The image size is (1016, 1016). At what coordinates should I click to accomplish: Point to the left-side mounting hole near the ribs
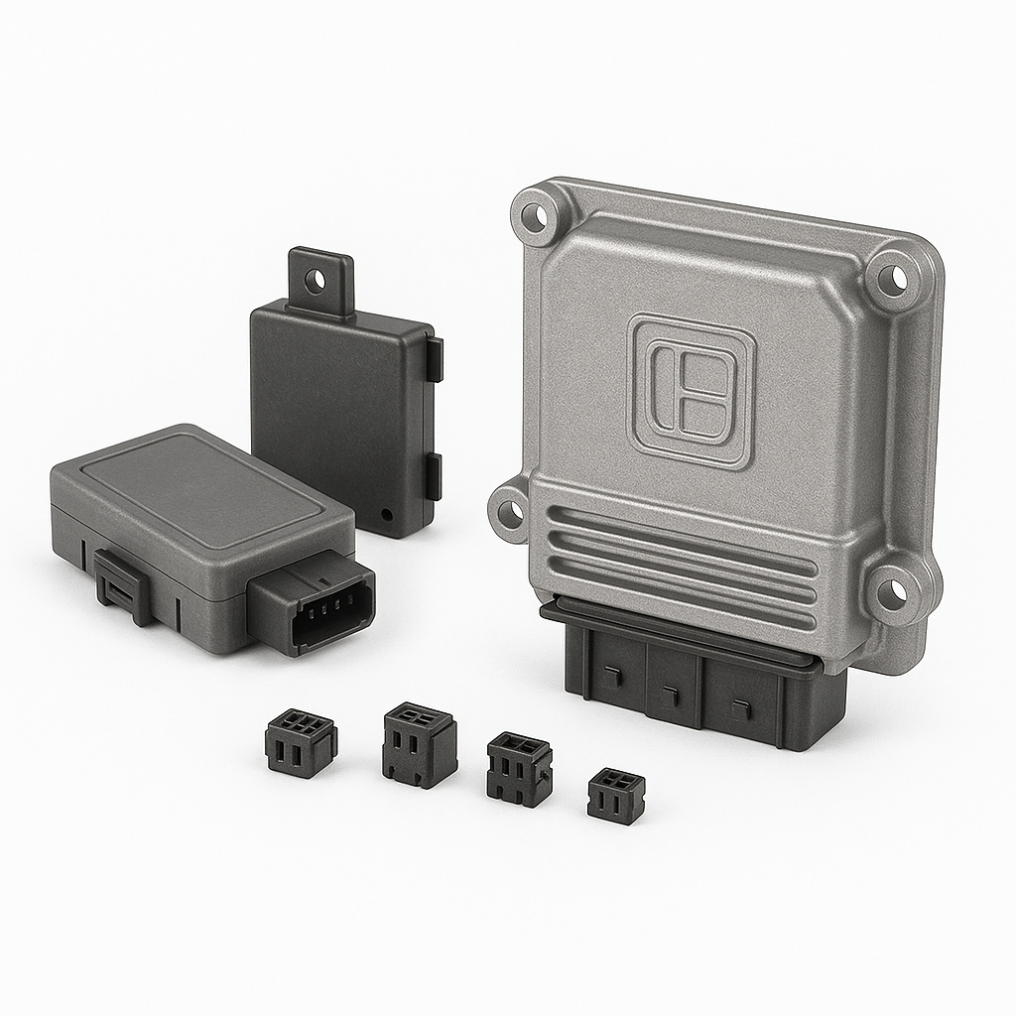click(x=510, y=513)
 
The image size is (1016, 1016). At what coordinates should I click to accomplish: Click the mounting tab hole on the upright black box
click(x=317, y=280)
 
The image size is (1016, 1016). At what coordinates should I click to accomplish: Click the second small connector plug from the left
click(x=419, y=744)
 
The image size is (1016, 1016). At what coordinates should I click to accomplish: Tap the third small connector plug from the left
click(x=519, y=768)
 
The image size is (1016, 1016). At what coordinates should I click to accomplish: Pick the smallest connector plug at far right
click(x=615, y=795)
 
